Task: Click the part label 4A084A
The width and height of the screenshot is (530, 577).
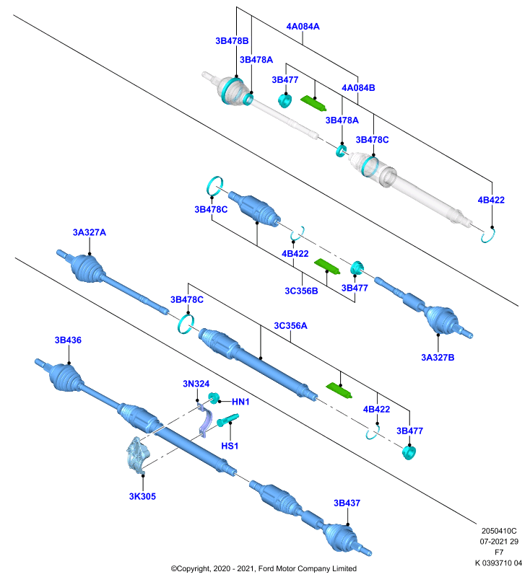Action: [303, 27]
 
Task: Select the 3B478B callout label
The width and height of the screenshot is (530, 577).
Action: [232, 41]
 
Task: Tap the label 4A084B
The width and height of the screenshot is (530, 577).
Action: [358, 88]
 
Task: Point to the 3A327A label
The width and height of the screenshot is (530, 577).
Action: [89, 232]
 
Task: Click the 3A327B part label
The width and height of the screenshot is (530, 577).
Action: [438, 358]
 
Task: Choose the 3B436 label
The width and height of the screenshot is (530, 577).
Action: [68, 340]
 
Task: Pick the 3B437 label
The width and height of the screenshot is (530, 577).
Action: [347, 503]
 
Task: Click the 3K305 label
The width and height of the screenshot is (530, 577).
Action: [142, 496]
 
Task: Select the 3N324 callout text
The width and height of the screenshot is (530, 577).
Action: [196, 384]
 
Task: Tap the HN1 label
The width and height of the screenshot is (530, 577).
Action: [240, 402]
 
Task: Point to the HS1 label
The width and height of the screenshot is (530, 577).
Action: [230, 446]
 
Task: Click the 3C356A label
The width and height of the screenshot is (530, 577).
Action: [290, 326]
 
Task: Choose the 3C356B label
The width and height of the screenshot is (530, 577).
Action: [301, 291]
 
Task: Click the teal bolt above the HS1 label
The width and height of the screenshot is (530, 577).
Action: [227, 420]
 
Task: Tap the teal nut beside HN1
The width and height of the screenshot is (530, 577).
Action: [214, 398]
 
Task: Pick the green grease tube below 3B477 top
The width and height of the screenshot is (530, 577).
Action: [313, 103]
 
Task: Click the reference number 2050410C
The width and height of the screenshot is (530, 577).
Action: [499, 531]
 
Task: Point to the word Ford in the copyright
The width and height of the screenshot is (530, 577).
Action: [266, 568]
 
